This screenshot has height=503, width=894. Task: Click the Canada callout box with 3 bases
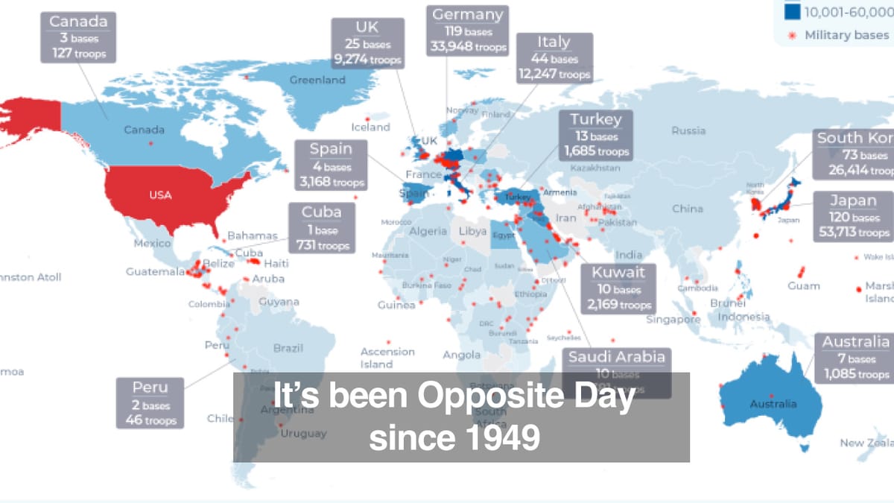click(78, 37)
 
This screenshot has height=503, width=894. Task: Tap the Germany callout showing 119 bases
click(468, 31)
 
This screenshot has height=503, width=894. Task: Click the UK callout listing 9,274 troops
click(367, 43)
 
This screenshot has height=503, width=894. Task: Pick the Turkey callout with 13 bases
click(596, 135)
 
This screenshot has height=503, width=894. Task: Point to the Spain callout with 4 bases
click(331, 165)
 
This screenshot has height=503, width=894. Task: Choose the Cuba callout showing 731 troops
click(321, 229)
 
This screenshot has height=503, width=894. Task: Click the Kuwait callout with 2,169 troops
click(618, 288)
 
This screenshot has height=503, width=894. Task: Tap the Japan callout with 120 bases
click(854, 216)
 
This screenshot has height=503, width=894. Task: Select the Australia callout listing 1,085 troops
click(855, 358)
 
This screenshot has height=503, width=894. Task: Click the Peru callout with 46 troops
click(150, 403)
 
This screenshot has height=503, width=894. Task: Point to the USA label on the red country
click(160, 195)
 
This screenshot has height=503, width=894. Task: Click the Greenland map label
click(317, 80)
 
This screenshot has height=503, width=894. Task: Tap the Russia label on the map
click(688, 130)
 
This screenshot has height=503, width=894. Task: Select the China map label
click(687, 209)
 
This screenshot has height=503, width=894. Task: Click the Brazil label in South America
click(288, 348)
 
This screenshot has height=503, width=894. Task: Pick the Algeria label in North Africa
click(427, 231)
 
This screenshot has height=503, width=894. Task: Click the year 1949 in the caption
click(506, 438)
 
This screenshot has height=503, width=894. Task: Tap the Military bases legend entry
click(846, 35)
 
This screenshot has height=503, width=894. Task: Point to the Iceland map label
click(370, 127)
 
